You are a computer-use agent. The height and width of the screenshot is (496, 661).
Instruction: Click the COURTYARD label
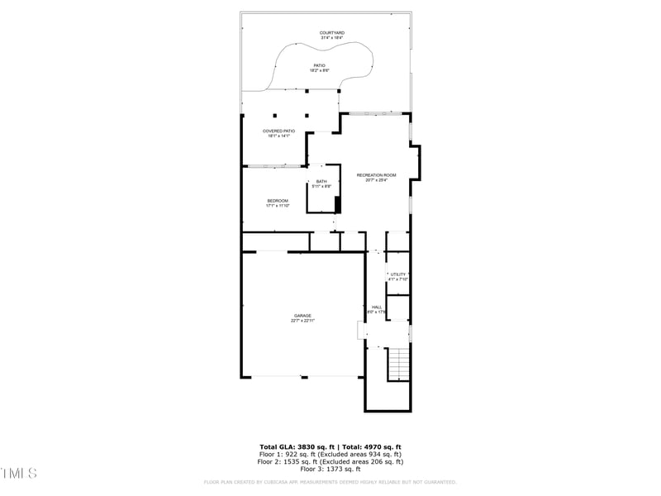(332, 33)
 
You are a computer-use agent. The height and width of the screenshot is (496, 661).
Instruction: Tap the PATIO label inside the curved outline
(319, 65)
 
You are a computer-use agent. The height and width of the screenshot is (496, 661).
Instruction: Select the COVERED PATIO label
(278, 131)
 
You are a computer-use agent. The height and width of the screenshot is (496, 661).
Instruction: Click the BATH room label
(321, 182)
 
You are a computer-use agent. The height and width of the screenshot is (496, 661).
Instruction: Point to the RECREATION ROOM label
(376, 174)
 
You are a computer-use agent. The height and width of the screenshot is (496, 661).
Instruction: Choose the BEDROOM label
(278, 201)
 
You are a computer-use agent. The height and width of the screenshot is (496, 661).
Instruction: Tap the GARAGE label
(302, 315)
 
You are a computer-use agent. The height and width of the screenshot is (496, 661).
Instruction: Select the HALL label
(376, 307)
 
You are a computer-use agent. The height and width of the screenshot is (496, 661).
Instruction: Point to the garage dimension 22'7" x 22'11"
(302, 321)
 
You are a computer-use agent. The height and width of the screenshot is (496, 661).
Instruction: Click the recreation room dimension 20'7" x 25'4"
(376, 179)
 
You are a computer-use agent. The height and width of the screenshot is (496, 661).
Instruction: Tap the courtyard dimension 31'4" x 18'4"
(332, 38)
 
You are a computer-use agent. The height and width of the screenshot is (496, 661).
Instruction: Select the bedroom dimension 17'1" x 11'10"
(278, 206)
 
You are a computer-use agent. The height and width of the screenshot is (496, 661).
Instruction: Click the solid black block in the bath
(337, 204)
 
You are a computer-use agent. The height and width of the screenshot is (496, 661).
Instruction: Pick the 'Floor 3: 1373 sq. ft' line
(330, 469)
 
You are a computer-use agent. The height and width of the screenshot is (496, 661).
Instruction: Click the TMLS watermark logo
(19, 473)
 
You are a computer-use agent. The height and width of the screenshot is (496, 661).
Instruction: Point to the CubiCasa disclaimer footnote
(330, 482)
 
